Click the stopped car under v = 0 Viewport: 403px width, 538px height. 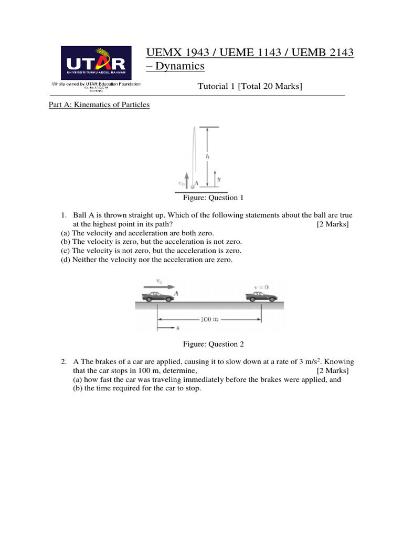(261, 297)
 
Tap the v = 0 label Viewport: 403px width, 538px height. (261, 287)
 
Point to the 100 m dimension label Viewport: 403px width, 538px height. (209, 318)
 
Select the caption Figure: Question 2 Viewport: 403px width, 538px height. (213, 344)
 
